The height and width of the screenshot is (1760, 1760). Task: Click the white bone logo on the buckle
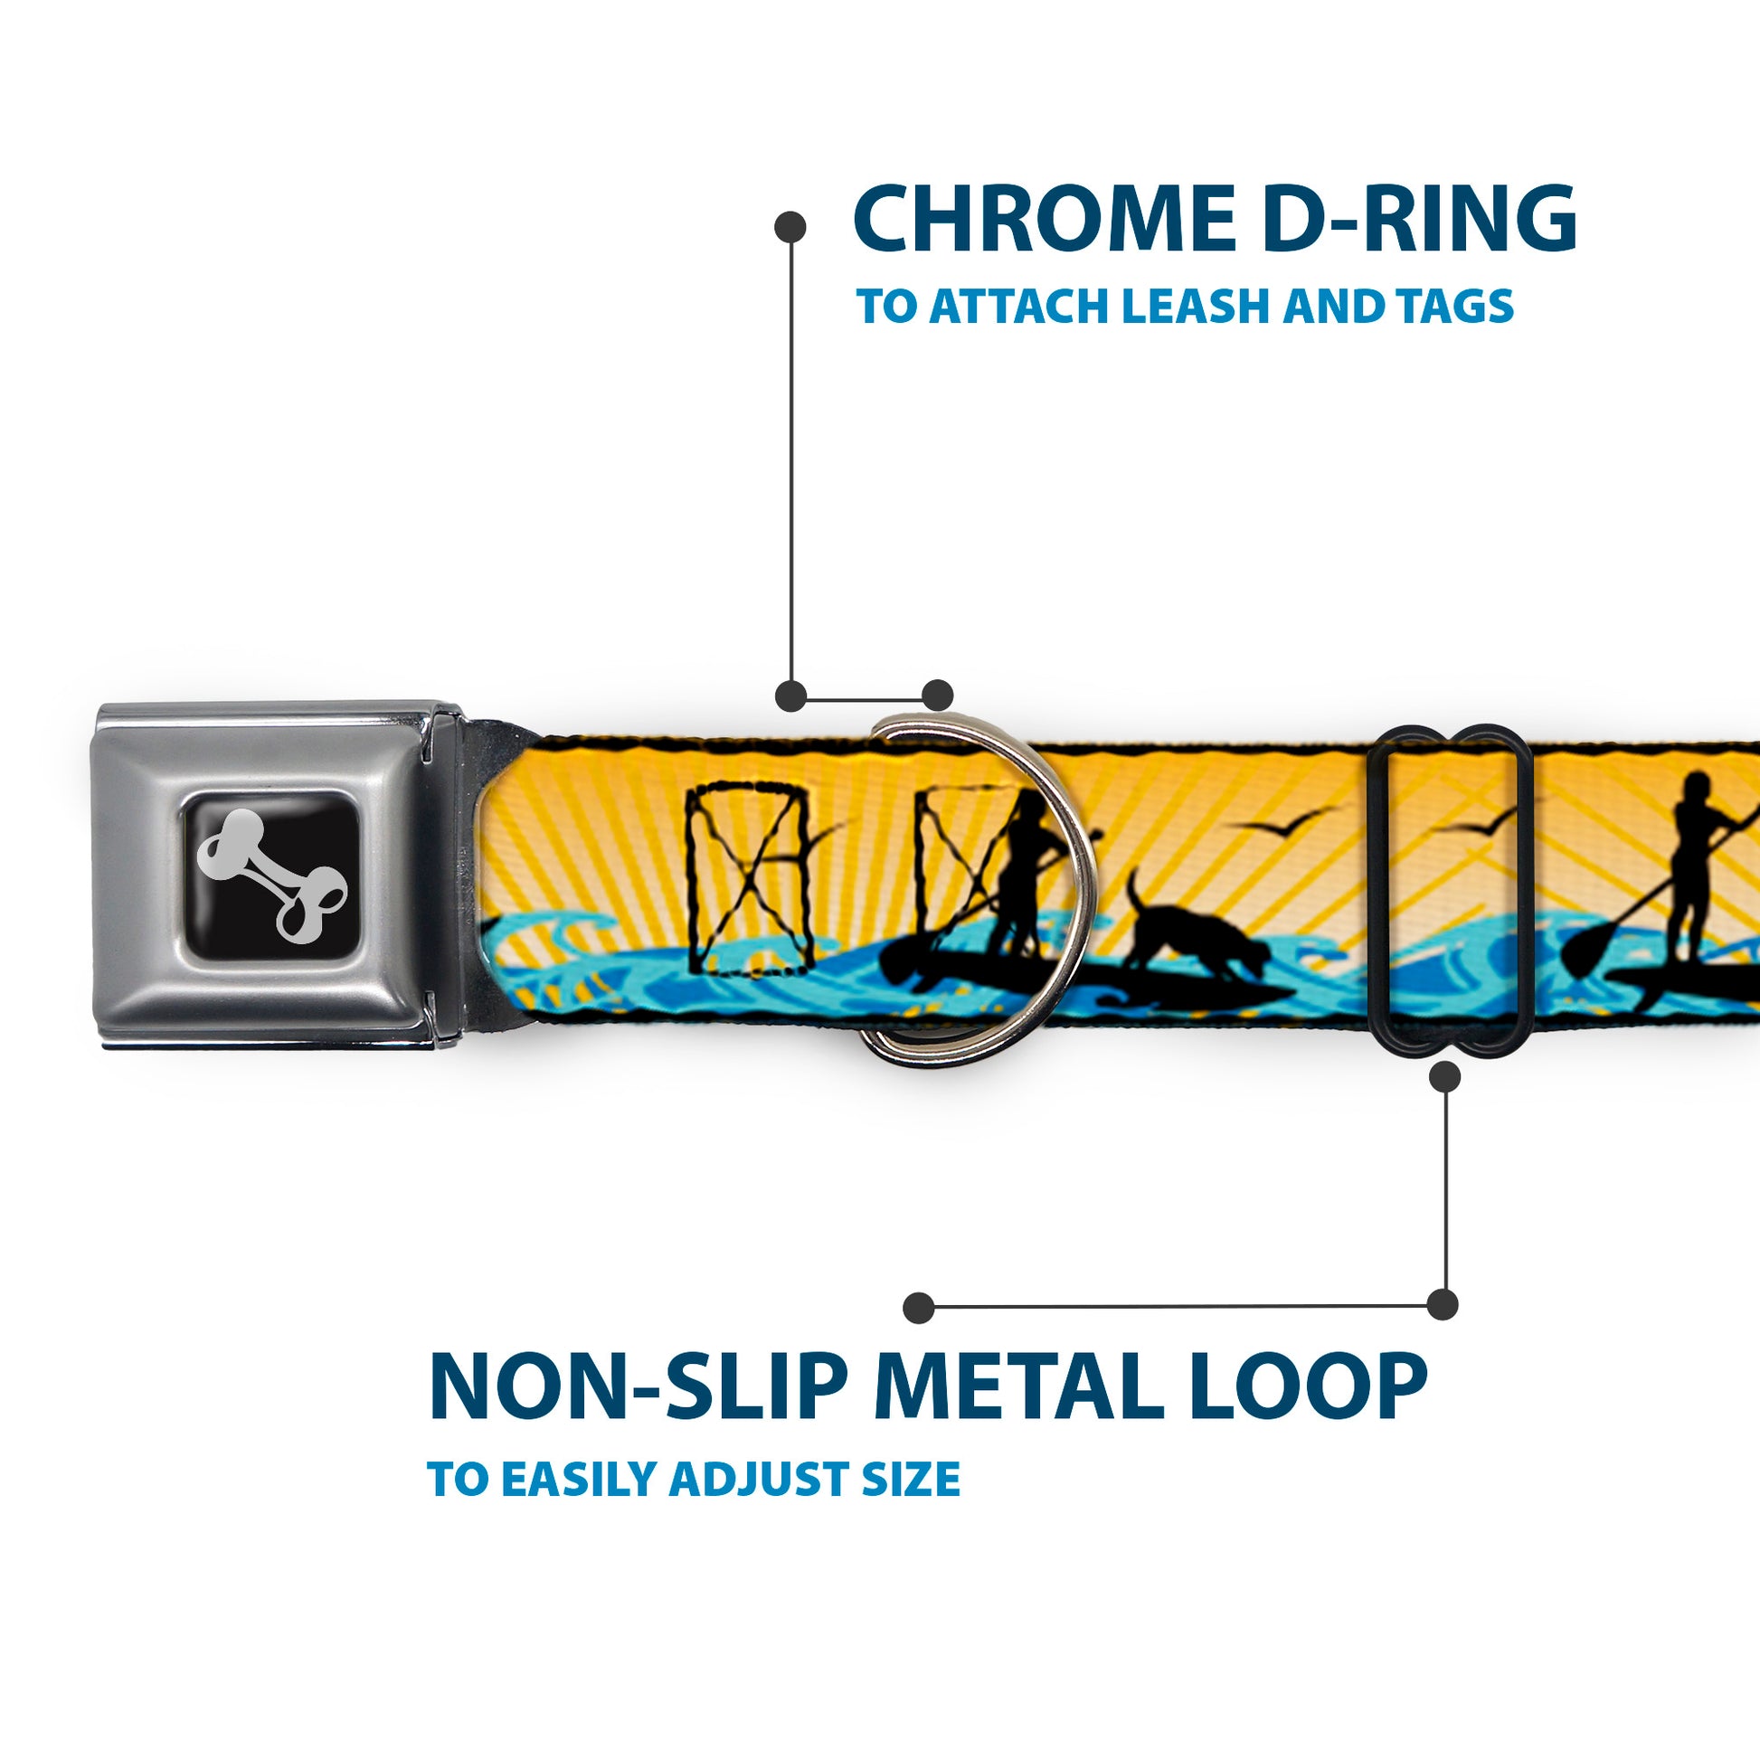tap(272, 876)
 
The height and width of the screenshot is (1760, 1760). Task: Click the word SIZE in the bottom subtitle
tap(919, 1480)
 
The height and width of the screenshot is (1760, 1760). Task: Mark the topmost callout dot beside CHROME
tap(790, 227)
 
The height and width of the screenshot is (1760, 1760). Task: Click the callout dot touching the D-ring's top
tap(937, 695)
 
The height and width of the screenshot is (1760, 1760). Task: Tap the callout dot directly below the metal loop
tap(1444, 1078)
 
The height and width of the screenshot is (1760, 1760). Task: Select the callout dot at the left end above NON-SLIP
tap(919, 1307)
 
